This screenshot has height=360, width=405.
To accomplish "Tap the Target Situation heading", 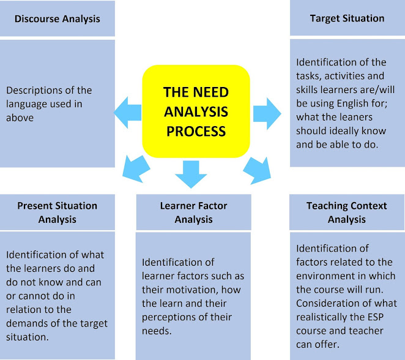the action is click(x=347, y=18).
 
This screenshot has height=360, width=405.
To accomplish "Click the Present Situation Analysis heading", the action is click(x=58, y=212).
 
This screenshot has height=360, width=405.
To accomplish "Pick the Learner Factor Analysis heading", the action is click(x=193, y=212).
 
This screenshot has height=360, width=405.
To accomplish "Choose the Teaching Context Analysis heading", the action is click(x=347, y=212).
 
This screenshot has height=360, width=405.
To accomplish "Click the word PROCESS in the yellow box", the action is click(x=195, y=131).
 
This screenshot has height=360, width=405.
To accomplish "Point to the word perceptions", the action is click(x=170, y=317).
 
